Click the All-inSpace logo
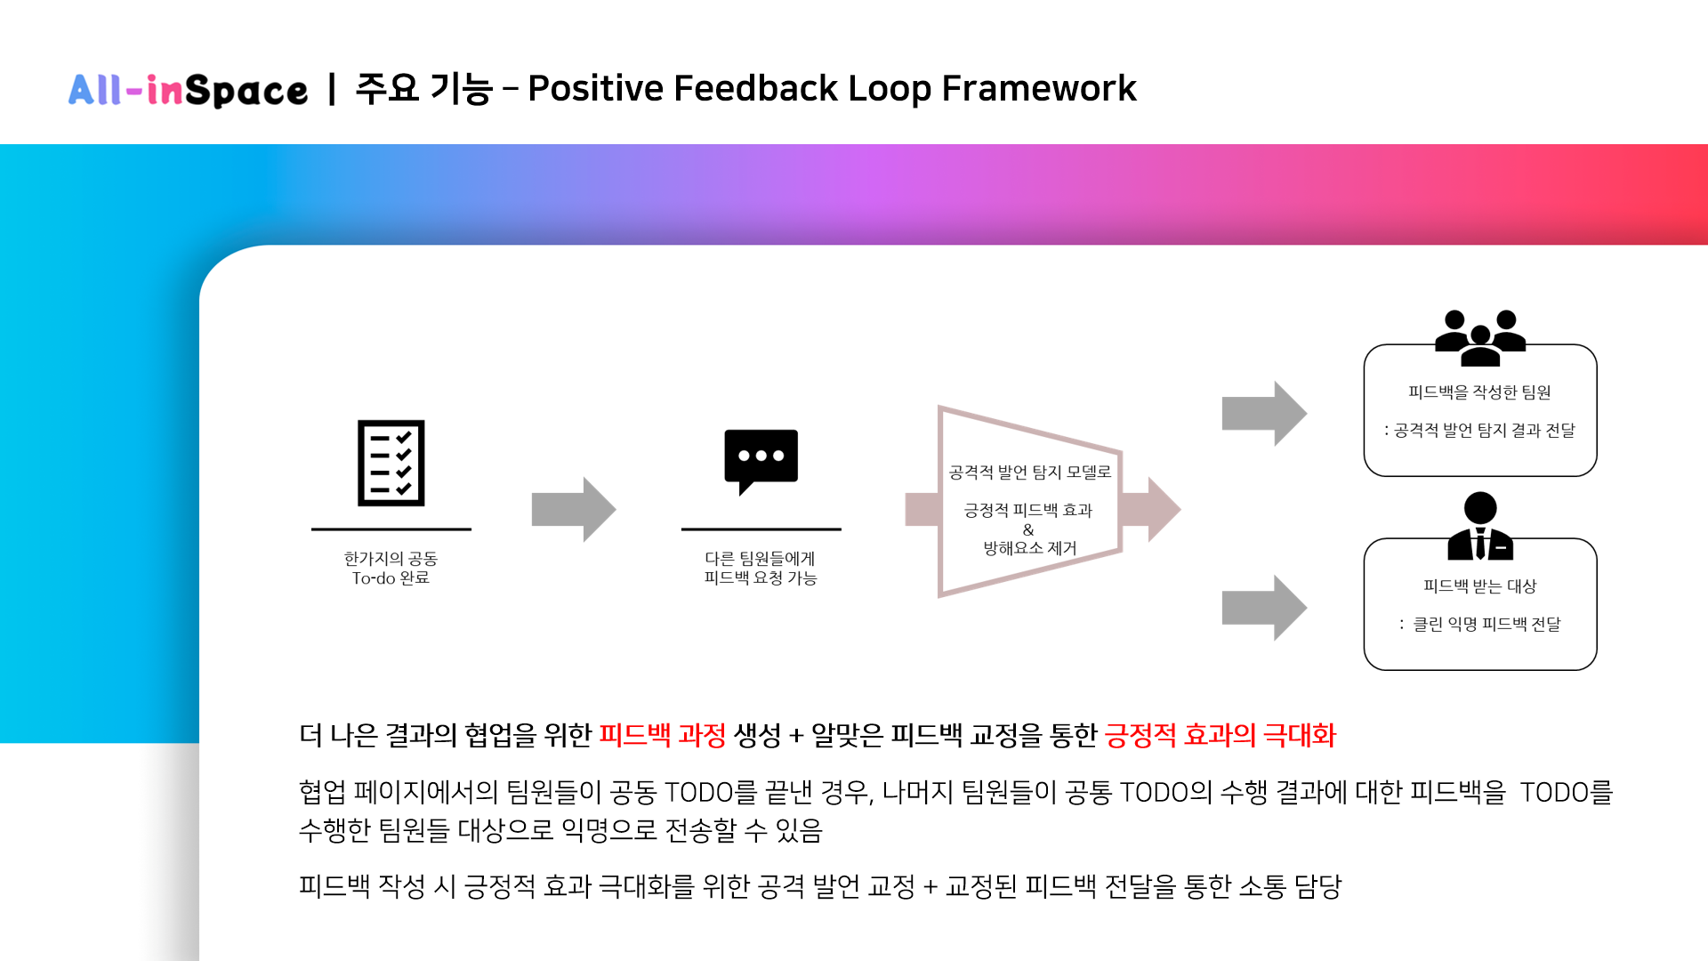[x=188, y=90]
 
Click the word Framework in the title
[x=1038, y=88]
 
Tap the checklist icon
[x=391, y=463]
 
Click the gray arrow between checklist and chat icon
[x=574, y=509]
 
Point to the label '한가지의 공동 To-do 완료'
[x=391, y=568]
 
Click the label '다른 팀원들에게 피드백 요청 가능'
[x=761, y=568]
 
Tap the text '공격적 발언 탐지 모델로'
[x=1029, y=472]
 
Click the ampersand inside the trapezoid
[x=1028, y=529]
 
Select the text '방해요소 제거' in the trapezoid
[x=1029, y=548]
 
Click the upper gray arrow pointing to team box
[x=1264, y=414]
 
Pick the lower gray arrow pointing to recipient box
[x=1264, y=608]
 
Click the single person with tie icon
[x=1479, y=526]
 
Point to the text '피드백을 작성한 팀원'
[x=1479, y=392]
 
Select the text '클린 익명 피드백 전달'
[x=1486, y=624]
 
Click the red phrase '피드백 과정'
[x=662, y=735]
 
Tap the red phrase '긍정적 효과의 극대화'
[x=1220, y=735]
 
